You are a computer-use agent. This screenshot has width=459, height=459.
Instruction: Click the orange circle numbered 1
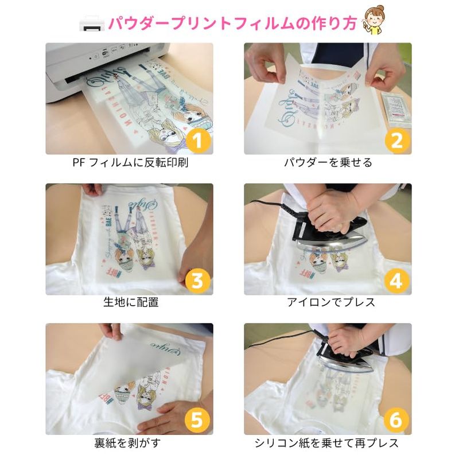click(x=198, y=141)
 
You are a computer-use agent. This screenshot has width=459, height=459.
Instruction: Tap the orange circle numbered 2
click(x=396, y=141)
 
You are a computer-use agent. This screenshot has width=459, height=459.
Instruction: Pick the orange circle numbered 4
click(x=396, y=281)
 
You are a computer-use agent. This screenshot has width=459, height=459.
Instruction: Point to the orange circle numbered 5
click(x=197, y=420)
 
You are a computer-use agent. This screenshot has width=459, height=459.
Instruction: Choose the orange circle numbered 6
click(x=395, y=420)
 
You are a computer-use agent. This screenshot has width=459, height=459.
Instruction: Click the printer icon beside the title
click(x=92, y=23)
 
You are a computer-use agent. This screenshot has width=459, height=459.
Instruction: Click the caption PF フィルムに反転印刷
click(x=130, y=162)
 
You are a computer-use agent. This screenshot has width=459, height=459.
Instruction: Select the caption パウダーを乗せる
click(x=328, y=162)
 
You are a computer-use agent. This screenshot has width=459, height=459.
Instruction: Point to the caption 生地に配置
click(x=131, y=302)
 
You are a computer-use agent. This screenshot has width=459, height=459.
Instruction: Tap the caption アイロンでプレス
click(x=331, y=302)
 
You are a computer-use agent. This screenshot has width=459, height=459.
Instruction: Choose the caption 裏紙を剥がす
click(x=127, y=443)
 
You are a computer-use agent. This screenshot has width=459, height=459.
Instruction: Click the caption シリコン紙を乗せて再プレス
click(x=326, y=443)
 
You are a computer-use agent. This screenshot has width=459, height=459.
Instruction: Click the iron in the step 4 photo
click(x=329, y=231)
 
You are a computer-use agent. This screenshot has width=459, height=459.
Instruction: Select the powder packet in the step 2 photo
click(x=396, y=110)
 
